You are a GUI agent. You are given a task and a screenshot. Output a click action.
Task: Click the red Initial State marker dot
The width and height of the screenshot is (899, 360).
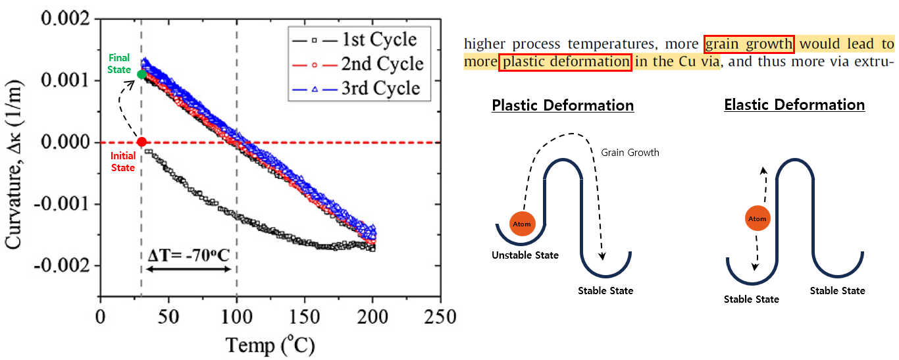tap(141, 142)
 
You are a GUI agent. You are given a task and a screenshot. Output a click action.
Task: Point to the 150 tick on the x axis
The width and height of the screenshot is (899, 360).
tap(305, 317)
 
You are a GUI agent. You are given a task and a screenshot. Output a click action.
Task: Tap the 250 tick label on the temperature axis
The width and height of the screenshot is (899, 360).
tap(440, 317)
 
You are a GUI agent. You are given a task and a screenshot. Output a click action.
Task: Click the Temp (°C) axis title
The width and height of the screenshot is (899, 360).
tap(270, 344)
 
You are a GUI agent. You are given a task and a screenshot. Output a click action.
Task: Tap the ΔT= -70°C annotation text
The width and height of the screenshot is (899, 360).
tap(188, 253)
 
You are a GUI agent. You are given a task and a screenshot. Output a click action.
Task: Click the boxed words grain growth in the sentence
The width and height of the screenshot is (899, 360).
tap(749, 44)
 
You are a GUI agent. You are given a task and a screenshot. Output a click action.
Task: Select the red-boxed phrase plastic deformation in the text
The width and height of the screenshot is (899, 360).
tap(565, 62)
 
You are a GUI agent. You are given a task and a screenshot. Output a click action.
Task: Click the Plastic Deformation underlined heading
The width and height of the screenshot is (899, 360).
tap(563, 105)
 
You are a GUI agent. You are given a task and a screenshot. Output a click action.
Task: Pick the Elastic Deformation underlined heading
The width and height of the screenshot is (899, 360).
tap(794, 105)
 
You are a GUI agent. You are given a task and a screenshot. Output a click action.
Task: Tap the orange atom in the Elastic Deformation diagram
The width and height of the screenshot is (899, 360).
tap(759, 219)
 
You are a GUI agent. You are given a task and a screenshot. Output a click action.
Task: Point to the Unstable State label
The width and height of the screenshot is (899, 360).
tap(525, 255)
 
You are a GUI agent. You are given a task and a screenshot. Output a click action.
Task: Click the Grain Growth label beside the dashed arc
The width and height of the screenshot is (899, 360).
tap(630, 153)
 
